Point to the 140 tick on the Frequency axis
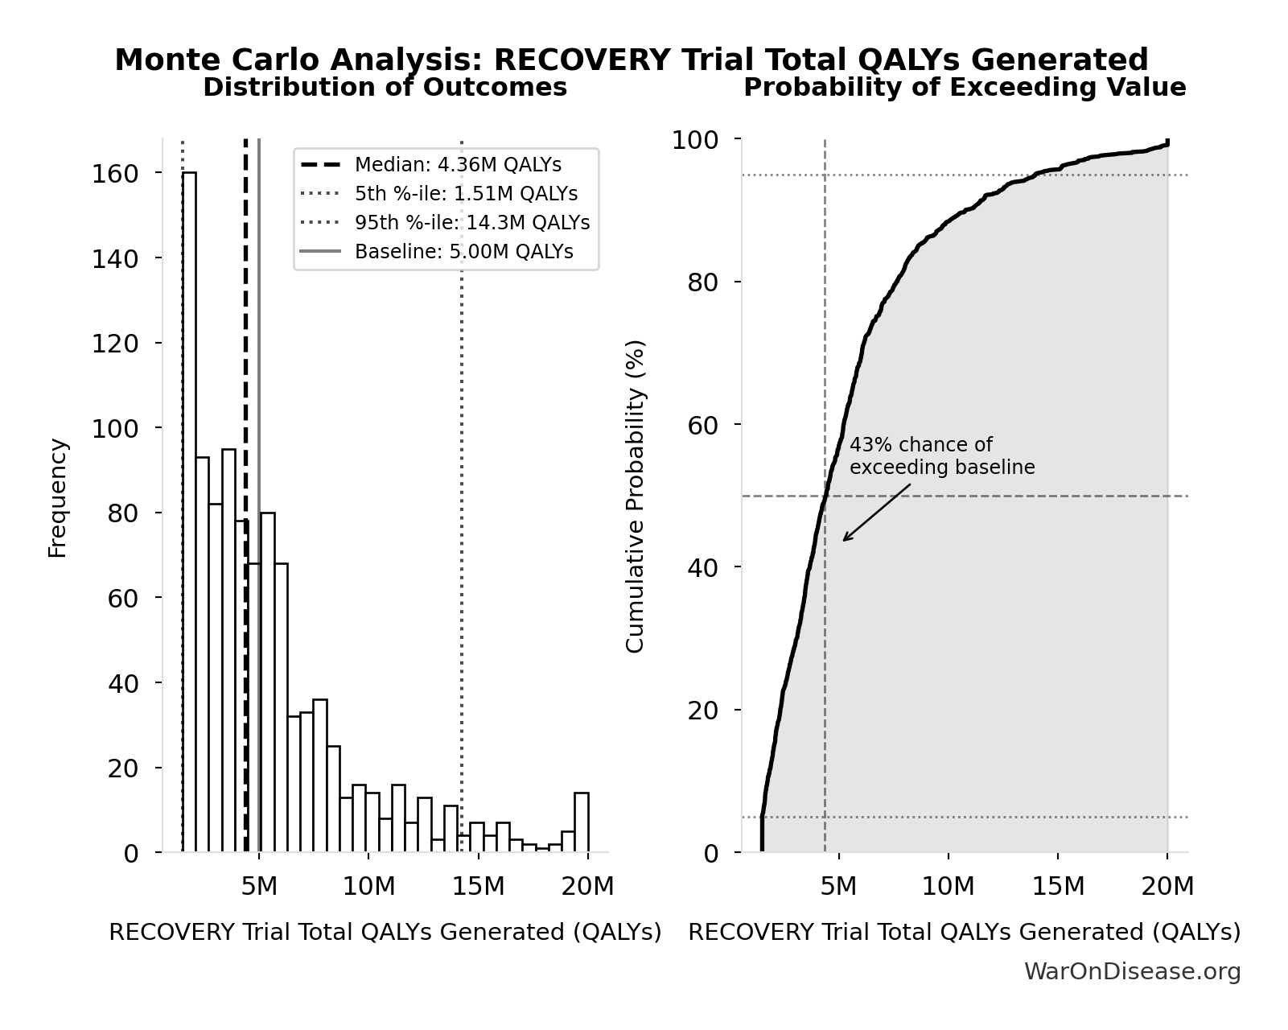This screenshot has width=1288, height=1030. pyautogui.click(x=115, y=258)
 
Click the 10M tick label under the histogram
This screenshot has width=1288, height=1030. pyautogui.click(x=368, y=888)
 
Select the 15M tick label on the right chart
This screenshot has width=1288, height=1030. pyautogui.click(x=1058, y=888)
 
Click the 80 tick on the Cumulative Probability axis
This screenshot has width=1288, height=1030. pyautogui.click(x=703, y=282)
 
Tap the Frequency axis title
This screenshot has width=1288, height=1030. pyautogui.click(x=58, y=497)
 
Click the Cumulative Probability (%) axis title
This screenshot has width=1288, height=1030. pyautogui.click(x=635, y=496)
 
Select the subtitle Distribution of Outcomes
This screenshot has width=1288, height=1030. pyautogui.click(x=385, y=88)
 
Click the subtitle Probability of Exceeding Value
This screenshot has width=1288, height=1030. pyautogui.click(x=964, y=88)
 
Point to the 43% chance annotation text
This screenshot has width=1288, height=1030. pyautogui.click(x=941, y=456)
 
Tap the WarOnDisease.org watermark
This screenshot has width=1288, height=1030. pyautogui.click(x=1131, y=972)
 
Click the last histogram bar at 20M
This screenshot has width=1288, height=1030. pyautogui.click(x=581, y=822)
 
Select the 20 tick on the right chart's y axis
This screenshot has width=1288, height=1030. pyautogui.click(x=703, y=711)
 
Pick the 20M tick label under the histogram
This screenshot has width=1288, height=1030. pyautogui.click(x=587, y=888)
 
